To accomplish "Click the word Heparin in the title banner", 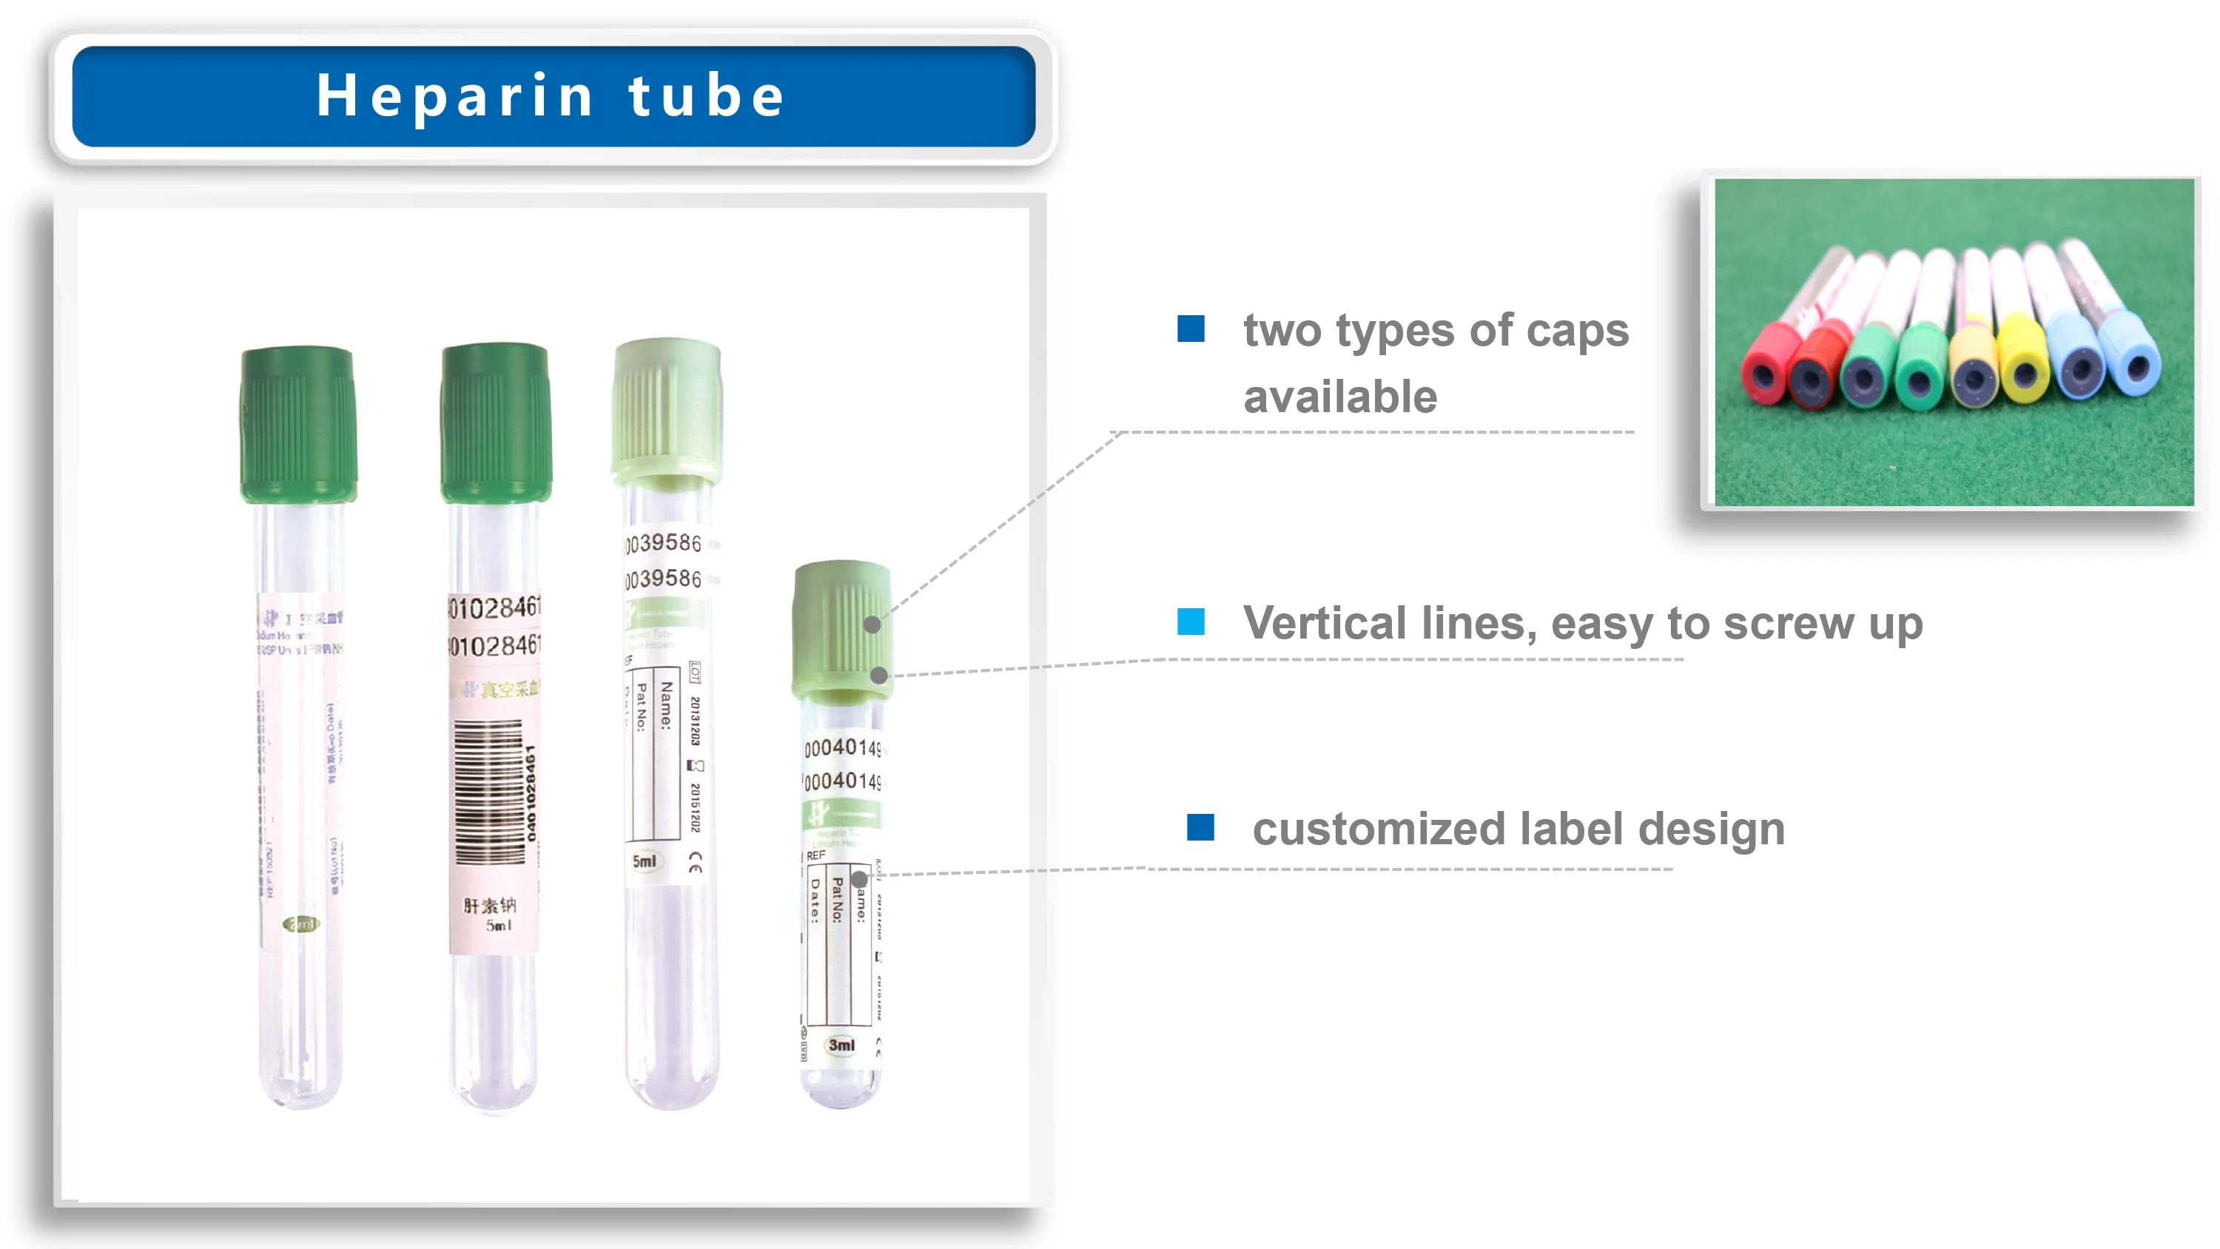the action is [x=455, y=95].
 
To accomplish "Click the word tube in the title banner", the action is [x=706, y=95].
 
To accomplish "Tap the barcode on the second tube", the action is [x=488, y=791].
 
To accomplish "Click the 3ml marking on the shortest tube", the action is [x=841, y=1045].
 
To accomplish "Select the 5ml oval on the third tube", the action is [x=644, y=861].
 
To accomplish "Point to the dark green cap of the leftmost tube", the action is [x=298, y=424].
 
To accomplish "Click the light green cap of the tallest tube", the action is [x=666, y=409].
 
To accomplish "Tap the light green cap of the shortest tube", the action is [x=841, y=627].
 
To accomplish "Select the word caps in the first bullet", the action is [x=1576, y=331].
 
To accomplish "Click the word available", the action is [x=1340, y=397].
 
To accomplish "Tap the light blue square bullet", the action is [x=1191, y=622].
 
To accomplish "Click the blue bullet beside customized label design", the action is [x=1200, y=827].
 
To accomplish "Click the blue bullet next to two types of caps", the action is [x=1191, y=329].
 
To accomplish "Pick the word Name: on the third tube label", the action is [x=666, y=705].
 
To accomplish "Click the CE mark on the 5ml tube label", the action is [x=696, y=862].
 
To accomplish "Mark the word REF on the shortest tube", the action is [x=815, y=855].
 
